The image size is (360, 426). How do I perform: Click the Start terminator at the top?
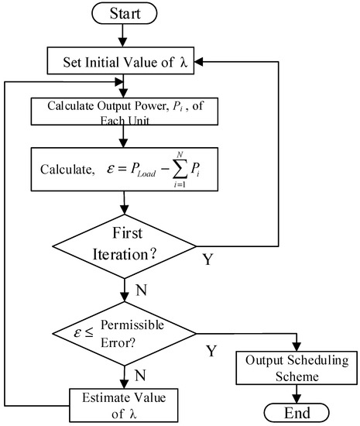click(x=125, y=13)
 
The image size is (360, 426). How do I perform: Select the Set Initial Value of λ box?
click(x=125, y=60)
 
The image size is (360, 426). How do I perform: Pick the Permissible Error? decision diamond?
click(x=125, y=334)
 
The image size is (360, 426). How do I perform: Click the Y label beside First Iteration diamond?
click(x=208, y=259)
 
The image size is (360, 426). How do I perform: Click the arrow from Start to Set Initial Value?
click(x=125, y=36)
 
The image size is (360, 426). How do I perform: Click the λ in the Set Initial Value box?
click(x=183, y=60)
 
